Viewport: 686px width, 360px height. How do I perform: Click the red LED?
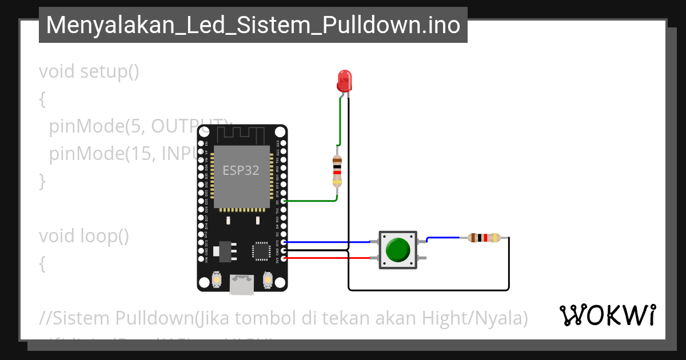(344, 81)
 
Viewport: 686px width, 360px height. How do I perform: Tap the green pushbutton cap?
(398, 250)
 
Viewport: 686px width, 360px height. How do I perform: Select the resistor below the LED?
(337, 171)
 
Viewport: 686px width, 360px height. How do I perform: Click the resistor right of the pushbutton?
(484, 238)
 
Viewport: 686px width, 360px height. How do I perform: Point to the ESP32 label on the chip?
(241, 170)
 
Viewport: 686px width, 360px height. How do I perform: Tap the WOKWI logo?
(607, 315)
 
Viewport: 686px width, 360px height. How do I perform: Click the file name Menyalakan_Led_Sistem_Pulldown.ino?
(253, 25)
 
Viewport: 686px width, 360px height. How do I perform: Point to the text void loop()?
(84, 235)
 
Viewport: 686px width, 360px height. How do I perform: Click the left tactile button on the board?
(217, 279)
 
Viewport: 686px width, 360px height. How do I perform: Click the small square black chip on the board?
(261, 251)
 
